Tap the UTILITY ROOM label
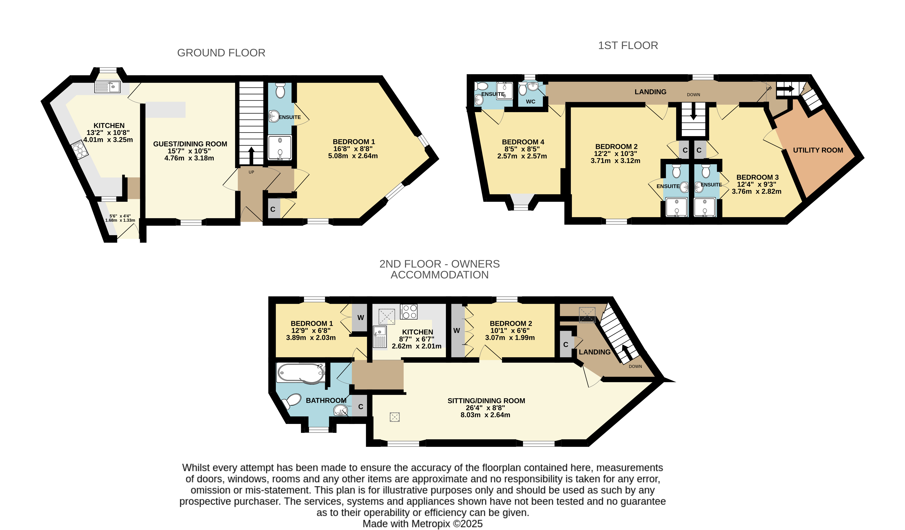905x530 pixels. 818,150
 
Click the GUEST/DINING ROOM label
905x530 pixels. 190,144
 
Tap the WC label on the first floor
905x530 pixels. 530,102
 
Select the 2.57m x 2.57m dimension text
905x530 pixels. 522,156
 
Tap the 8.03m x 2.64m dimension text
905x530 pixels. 485,415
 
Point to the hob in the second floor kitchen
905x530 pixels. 409,311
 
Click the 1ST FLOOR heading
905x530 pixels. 628,46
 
